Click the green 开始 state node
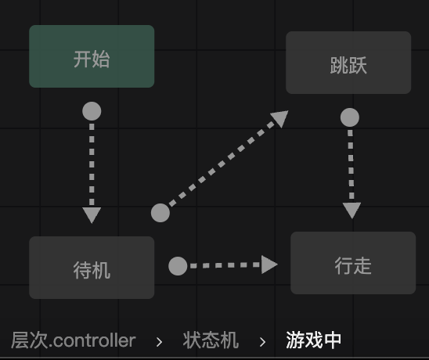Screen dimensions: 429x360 [92, 56]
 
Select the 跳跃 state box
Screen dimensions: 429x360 [348, 63]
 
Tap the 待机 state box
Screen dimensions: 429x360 [92, 268]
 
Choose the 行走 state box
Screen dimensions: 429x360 [353, 263]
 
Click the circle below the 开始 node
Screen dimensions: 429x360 [92, 111]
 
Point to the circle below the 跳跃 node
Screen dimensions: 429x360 [350, 117]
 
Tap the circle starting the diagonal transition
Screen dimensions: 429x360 [160, 213]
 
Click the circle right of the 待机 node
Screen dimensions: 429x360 [178, 266]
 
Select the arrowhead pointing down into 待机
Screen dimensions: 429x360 [92, 215]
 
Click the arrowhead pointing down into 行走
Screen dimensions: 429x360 [351, 211]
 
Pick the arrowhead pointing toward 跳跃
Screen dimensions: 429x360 [280, 117]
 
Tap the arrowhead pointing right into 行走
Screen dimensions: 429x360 [269, 265]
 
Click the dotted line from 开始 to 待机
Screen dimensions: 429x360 [92, 164]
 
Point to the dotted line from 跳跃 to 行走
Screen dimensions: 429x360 [351, 164]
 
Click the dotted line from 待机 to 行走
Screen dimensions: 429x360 [225, 265]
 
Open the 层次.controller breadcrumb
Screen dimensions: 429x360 [74, 340]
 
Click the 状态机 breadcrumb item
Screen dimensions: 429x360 [211, 340]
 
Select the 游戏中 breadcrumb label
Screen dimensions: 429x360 [314, 340]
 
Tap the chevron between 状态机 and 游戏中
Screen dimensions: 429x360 [262, 342]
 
